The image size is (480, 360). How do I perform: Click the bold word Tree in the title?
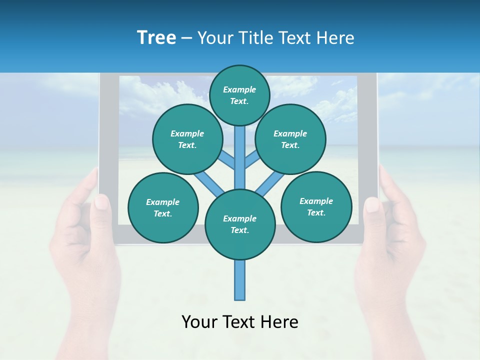click(156, 38)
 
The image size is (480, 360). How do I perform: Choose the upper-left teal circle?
click(187, 139)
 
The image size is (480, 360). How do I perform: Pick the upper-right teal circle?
click(290, 139)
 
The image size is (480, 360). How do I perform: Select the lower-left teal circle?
click(163, 208)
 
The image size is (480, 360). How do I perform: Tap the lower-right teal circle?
click(316, 207)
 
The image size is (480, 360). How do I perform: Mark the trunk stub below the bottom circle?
click(240, 280)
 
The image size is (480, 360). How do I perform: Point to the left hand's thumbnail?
click(101, 202)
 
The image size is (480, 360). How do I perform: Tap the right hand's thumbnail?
click(372, 204)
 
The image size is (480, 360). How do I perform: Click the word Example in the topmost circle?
click(239, 89)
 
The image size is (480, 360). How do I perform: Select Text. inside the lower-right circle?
click(316, 212)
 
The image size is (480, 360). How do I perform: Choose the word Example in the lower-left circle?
click(162, 202)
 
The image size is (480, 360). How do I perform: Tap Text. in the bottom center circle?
click(239, 230)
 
